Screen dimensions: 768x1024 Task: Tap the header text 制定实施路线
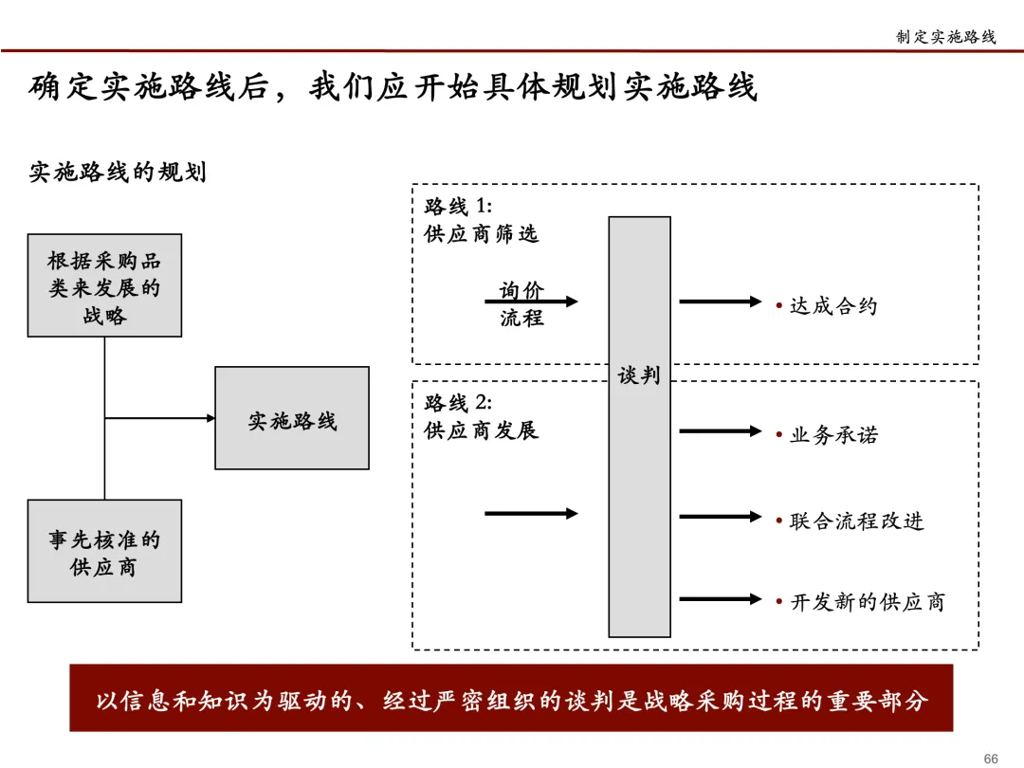(x=945, y=37)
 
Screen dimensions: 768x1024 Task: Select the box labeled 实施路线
(x=292, y=418)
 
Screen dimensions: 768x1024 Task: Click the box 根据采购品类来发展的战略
(x=104, y=285)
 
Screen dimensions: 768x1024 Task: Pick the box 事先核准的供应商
(x=104, y=552)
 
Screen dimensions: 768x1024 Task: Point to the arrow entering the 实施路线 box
(x=161, y=417)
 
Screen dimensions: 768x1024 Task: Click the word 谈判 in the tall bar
(x=639, y=375)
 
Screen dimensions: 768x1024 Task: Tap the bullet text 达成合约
(x=833, y=306)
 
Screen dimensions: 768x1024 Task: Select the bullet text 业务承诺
(x=833, y=434)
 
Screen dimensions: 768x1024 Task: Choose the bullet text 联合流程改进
(x=856, y=521)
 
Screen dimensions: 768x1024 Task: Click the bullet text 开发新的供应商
(x=867, y=601)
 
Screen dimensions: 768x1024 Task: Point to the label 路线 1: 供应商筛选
(x=481, y=220)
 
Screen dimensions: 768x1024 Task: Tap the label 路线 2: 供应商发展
(x=481, y=415)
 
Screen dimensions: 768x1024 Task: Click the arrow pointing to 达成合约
(x=721, y=302)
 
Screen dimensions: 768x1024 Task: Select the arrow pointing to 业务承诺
(x=721, y=431)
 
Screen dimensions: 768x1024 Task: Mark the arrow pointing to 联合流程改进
(x=721, y=517)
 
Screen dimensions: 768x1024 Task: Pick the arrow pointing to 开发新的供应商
(x=721, y=598)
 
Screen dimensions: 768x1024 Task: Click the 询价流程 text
(x=522, y=304)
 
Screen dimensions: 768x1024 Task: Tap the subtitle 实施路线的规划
(x=118, y=173)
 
